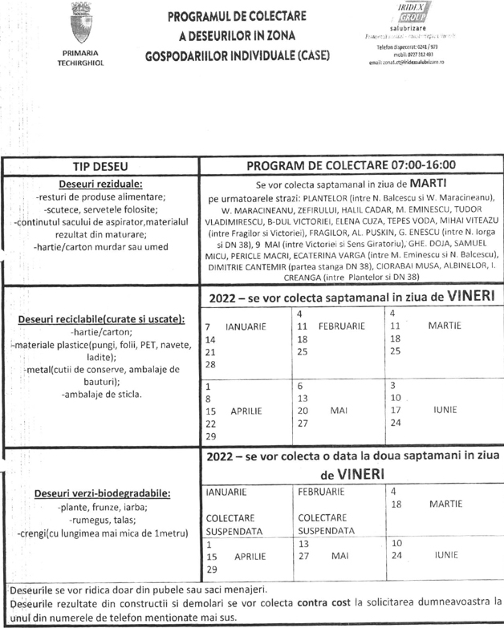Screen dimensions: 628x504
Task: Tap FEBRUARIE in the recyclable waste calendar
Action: point(341,327)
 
